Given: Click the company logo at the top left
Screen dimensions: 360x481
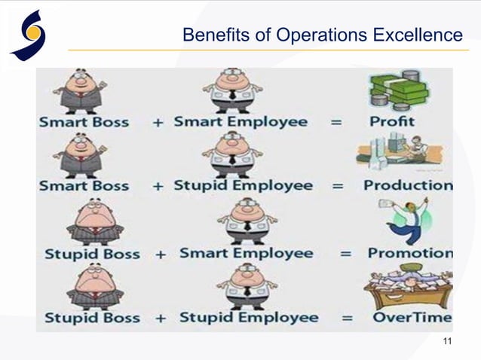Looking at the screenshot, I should [29, 34].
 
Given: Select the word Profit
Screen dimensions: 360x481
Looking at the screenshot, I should [392, 121].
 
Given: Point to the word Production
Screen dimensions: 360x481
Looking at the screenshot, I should [408, 185].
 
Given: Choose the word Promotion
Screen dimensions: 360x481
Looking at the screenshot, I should [410, 253].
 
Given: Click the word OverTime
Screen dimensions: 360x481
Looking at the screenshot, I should [412, 317].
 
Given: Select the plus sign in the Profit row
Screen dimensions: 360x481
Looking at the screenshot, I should [158, 122].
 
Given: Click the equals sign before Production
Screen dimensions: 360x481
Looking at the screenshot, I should [338, 186].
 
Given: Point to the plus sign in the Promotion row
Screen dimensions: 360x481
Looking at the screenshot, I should [160, 255].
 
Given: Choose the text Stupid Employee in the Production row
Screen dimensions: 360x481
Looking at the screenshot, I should [243, 185].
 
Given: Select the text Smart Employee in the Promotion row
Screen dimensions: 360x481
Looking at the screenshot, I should [246, 254].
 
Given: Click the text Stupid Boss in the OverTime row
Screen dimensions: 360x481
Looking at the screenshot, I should [91, 318].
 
